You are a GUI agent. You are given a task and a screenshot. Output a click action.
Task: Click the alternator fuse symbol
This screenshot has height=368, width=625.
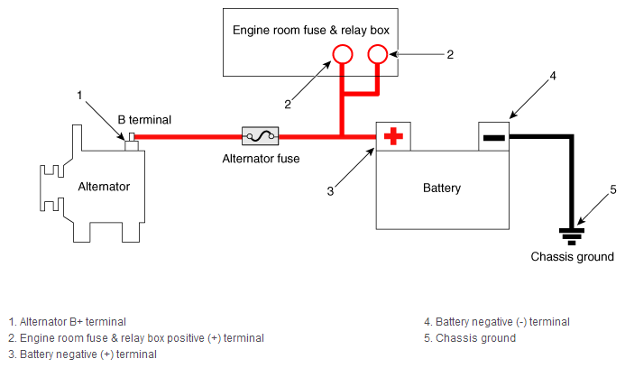[x=261, y=136]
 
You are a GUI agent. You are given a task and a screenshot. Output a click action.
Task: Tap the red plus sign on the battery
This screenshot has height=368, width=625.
[x=393, y=136]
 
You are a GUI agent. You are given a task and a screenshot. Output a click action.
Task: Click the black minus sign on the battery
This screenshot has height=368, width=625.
[x=494, y=138]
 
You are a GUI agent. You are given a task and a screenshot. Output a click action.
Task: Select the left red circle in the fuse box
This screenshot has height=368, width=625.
[x=343, y=54]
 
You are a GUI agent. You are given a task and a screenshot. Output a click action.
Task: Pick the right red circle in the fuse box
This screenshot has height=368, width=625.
[x=378, y=54]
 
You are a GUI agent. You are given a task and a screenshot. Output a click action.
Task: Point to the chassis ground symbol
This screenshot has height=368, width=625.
[x=572, y=236]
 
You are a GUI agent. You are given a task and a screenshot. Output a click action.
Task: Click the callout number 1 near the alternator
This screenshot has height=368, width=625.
[x=79, y=96]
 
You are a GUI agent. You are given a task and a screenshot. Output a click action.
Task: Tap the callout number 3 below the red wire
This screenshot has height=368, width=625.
[x=330, y=191]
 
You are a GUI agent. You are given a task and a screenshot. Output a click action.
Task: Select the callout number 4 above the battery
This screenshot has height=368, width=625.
[x=553, y=76]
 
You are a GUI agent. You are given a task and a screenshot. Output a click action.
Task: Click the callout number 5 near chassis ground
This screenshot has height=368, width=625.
[x=613, y=189]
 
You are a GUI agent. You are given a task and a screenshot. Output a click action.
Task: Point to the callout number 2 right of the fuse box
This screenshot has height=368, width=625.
[x=450, y=54]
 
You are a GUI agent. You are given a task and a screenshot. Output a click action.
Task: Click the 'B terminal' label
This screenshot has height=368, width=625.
[x=144, y=120]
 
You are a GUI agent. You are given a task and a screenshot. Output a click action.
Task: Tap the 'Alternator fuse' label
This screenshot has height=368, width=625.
[x=261, y=159]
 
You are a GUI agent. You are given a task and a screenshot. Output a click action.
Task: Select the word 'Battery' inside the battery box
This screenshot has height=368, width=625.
[x=442, y=188]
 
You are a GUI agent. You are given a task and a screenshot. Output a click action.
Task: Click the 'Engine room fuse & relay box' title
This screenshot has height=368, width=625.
[x=311, y=31]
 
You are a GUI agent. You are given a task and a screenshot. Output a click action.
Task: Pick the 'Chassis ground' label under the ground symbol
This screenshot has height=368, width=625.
[x=572, y=257]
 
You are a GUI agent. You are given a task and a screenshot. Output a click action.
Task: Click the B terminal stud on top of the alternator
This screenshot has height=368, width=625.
[x=132, y=142]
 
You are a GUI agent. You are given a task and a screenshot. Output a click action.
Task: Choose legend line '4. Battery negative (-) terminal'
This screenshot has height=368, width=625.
[x=497, y=322]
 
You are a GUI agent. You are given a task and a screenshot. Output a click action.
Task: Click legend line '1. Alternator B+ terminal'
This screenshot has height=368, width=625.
[x=67, y=322]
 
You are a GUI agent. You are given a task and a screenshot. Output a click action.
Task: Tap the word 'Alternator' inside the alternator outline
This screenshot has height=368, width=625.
[x=104, y=187]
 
